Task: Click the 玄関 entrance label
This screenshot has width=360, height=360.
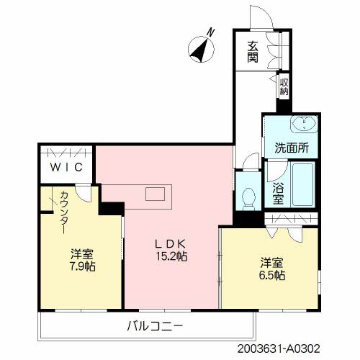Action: (x=253, y=52)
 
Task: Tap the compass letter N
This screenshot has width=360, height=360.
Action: (x=210, y=32)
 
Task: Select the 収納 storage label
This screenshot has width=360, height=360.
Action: (x=284, y=86)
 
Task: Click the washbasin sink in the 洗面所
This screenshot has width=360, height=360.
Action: (x=305, y=124)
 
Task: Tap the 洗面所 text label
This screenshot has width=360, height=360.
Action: (x=292, y=148)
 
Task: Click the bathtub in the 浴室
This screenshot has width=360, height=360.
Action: (x=303, y=184)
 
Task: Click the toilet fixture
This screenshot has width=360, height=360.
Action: (x=248, y=199)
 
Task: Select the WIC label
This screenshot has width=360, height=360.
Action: (x=66, y=167)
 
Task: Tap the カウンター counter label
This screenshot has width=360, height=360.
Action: (x=64, y=212)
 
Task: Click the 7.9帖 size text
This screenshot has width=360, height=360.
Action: (x=82, y=266)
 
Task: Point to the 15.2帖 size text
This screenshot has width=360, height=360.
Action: (x=172, y=256)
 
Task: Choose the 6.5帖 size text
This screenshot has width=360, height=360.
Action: (x=272, y=275)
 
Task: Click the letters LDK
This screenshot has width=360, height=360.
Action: (x=171, y=244)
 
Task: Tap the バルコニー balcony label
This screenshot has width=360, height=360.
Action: (x=155, y=326)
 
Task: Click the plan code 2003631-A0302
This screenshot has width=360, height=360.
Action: (x=279, y=348)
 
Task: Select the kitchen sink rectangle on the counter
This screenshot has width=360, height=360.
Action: (x=155, y=194)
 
